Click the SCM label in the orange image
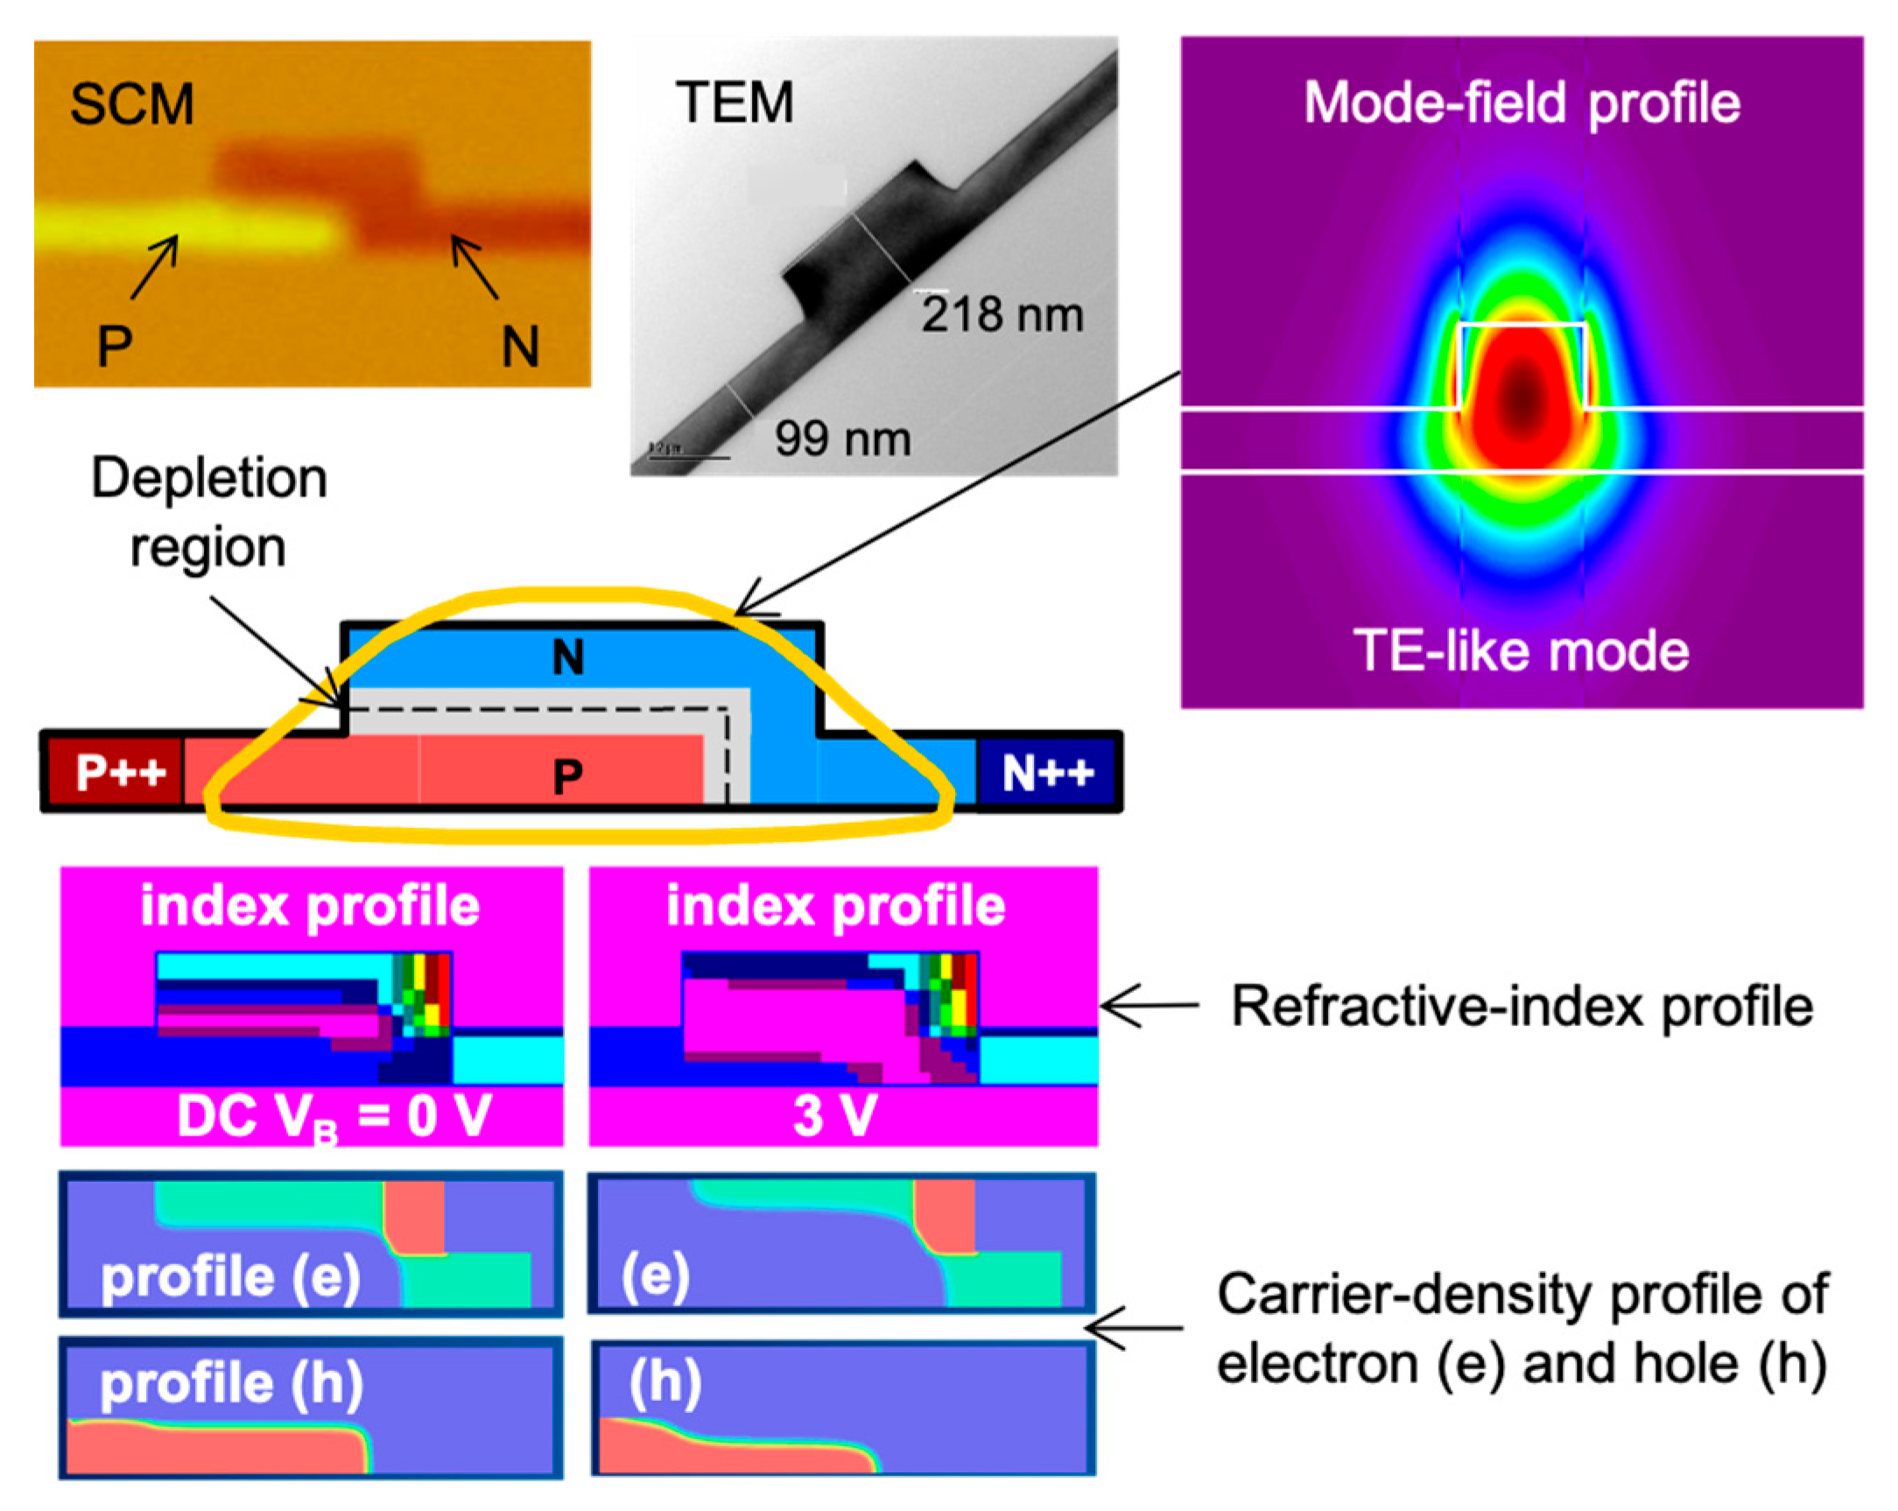tap(132, 105)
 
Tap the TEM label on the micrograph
tap(735, 102)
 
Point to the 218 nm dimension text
tap(1002, 315)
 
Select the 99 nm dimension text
tap(842, 439)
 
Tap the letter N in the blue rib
tap(568, 657)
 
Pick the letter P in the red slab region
tap(568, 776)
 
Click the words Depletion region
tap(208, 512)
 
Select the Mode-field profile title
tap(1522, 103)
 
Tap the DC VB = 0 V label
tap(334, 1116)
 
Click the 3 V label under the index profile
tap(834, 1116)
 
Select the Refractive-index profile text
tap(1522, 1006)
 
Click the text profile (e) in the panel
tap(230, 1277)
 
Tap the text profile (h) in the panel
tap(231, 1384)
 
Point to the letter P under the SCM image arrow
tap(115, 346)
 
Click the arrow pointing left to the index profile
tap(1149, 1006)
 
